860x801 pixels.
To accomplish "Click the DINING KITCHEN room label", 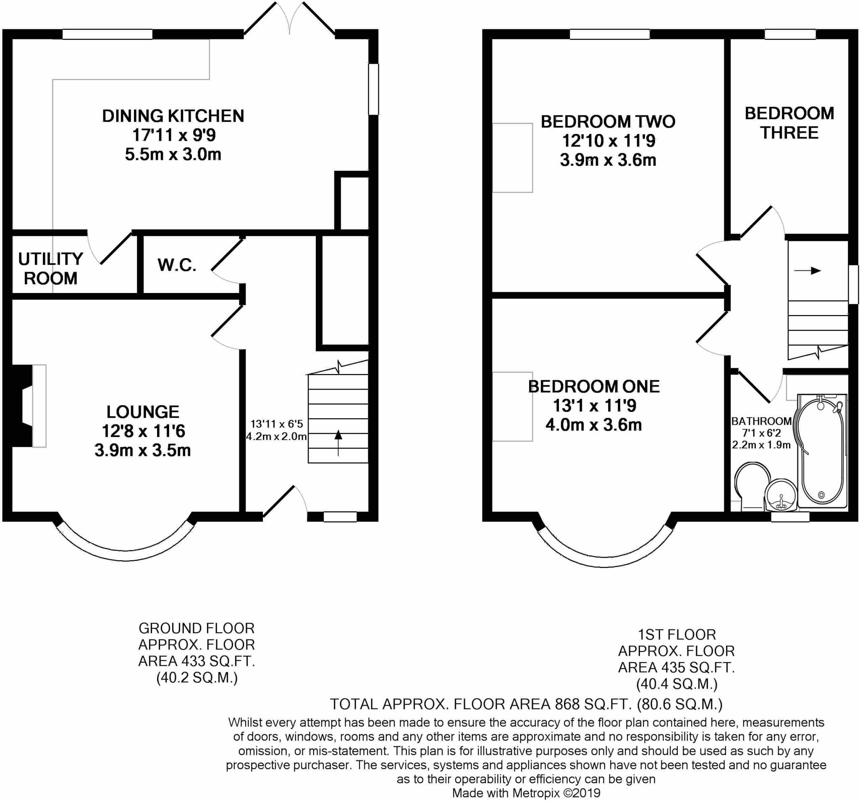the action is tap(173, 116).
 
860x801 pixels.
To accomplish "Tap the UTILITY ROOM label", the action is tap(51, 269).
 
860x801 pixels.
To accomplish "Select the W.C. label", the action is tap(177, 265).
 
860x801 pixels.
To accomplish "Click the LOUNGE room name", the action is tap(143, 412).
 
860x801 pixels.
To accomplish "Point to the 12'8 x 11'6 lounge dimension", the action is tap(143, 431).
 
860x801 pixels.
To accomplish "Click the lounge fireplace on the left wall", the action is tap(29, 406).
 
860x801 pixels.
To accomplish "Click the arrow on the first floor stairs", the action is tap(807, 271).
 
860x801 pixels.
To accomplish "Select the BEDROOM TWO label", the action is tap(608, 121).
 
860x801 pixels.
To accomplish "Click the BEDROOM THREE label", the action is tap(789, 123).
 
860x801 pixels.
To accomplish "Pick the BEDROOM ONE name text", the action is tap(594, 386).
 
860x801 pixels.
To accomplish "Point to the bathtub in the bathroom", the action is tap(821, 450).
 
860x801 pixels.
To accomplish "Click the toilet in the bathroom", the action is tap(752, 486).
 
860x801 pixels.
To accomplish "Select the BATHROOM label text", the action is tap(761, 421).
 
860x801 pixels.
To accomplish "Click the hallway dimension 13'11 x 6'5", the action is tap(277, 424).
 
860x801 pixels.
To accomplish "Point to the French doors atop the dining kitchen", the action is tap(289, 18).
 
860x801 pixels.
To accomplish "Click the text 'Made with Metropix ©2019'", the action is tap(527, 793).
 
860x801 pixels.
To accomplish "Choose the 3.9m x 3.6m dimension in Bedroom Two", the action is tap(608, 160).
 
